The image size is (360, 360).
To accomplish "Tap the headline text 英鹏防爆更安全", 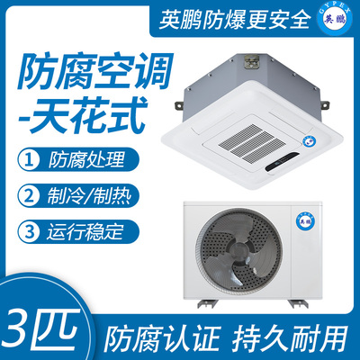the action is [x=235, y=20].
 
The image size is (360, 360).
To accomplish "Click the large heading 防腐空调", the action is [x=95, y=71].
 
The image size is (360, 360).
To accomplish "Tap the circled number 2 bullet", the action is [x=29, y=196].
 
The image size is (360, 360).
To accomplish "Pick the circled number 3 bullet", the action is [x=29, y=232].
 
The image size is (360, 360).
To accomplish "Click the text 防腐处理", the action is [x=86, y=160].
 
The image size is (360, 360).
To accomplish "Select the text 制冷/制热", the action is [x=89, y=196].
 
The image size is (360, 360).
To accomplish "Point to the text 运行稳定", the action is [x=85, y=231].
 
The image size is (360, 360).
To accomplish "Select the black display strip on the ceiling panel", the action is [x=283, y=162].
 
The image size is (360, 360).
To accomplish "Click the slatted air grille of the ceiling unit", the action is [x=247, y=141].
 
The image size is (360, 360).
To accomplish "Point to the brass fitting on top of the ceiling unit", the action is [x=251, y=61].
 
